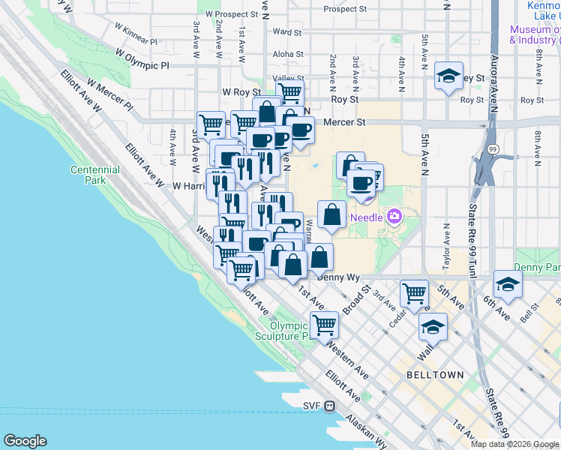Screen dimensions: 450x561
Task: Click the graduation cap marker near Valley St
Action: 448,76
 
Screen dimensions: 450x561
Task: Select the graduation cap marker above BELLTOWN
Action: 433,327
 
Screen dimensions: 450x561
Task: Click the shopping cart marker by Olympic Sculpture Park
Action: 324,325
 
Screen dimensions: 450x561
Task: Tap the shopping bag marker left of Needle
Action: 331,215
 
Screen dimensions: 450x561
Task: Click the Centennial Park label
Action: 95,175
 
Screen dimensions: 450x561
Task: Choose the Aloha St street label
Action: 288,54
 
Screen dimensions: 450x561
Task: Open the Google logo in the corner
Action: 25,441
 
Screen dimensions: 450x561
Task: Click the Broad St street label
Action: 357,297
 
